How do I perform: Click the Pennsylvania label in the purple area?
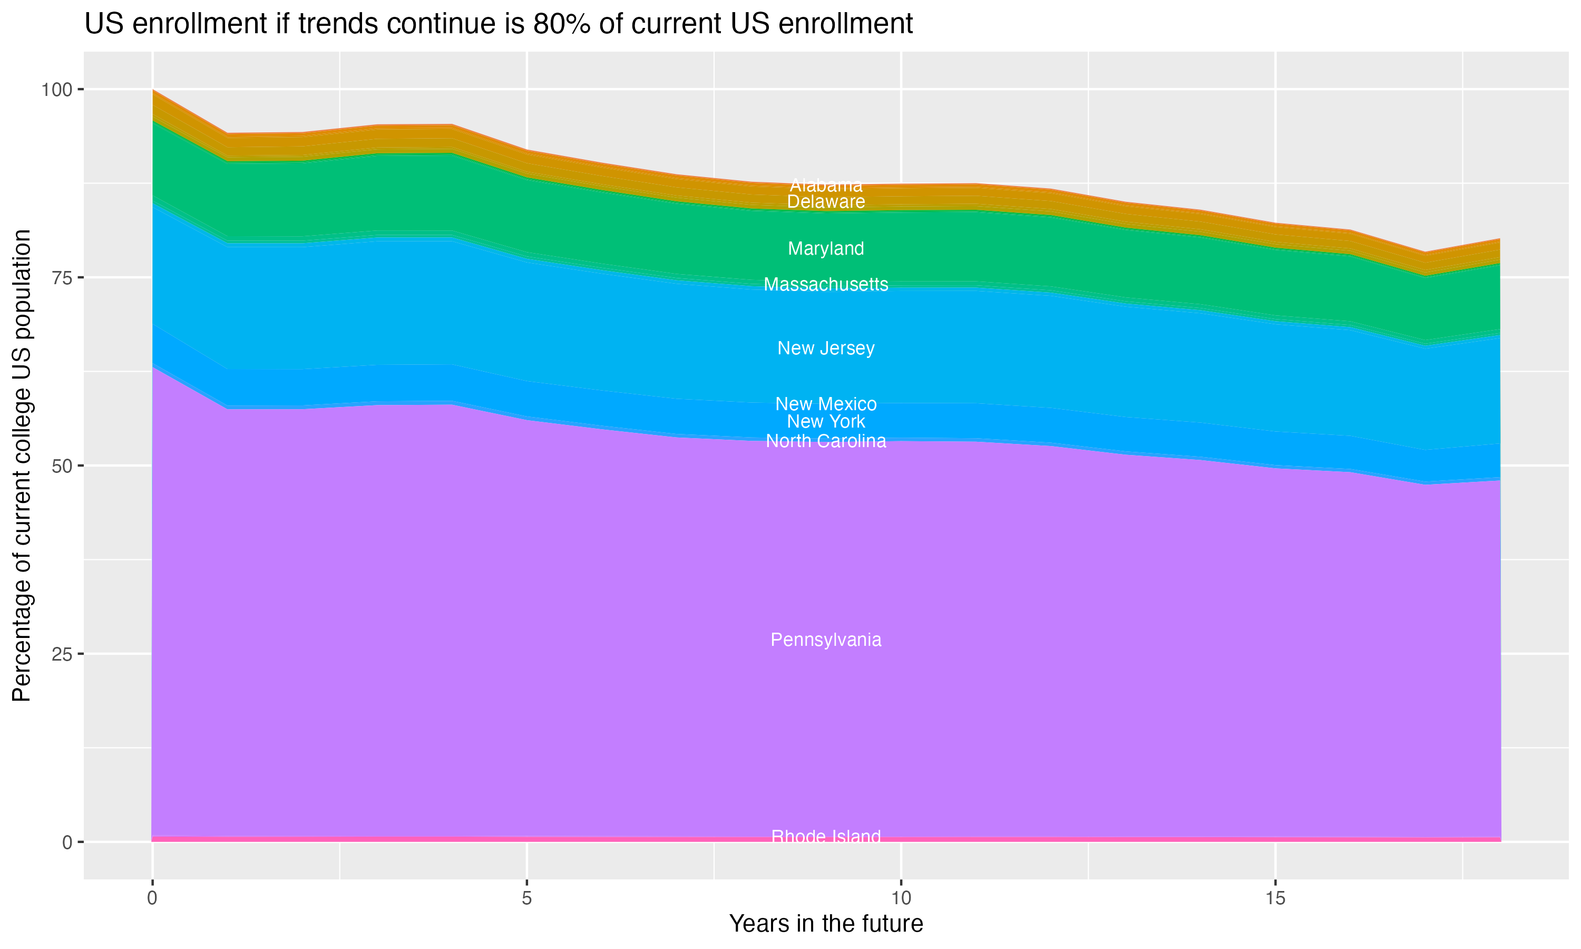tap(826, 640)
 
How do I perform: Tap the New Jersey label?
tap(826, 348)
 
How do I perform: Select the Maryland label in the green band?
tap(826, 248)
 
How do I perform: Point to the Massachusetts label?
tap(826, 284)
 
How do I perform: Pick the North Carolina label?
tap(826, 441)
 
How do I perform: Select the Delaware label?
tap(826, 201)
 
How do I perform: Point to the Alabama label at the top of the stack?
tap(826, 186)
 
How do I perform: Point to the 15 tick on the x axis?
tap(1275, 898)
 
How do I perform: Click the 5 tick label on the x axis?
tap(526, 898)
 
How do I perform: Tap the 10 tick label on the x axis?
tap(901, 898)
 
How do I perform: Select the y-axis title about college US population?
tap(22, 465)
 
